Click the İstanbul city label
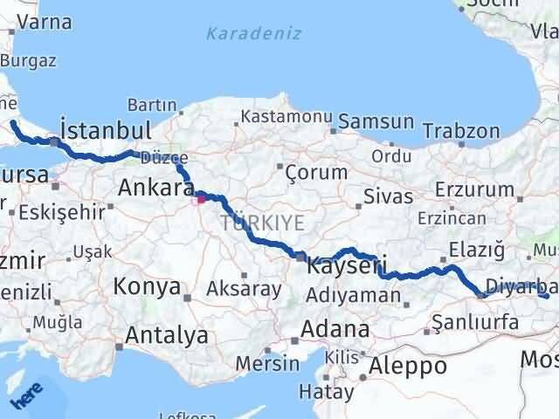click(x=105, y=130)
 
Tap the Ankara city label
click(x=155, y=188)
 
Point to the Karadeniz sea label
click(x=254, y=33)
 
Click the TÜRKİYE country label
click(x=263, y=223)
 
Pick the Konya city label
click(x=147, y=286)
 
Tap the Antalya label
click(x=167, y=335)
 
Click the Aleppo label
click(x=408, y=365)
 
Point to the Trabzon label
click(x=460, y=130)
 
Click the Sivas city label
click(x=388, y=195)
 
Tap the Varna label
click(x=43, y=22)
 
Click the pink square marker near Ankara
click(x=201, y=199)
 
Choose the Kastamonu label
click(x=287, y=116)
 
